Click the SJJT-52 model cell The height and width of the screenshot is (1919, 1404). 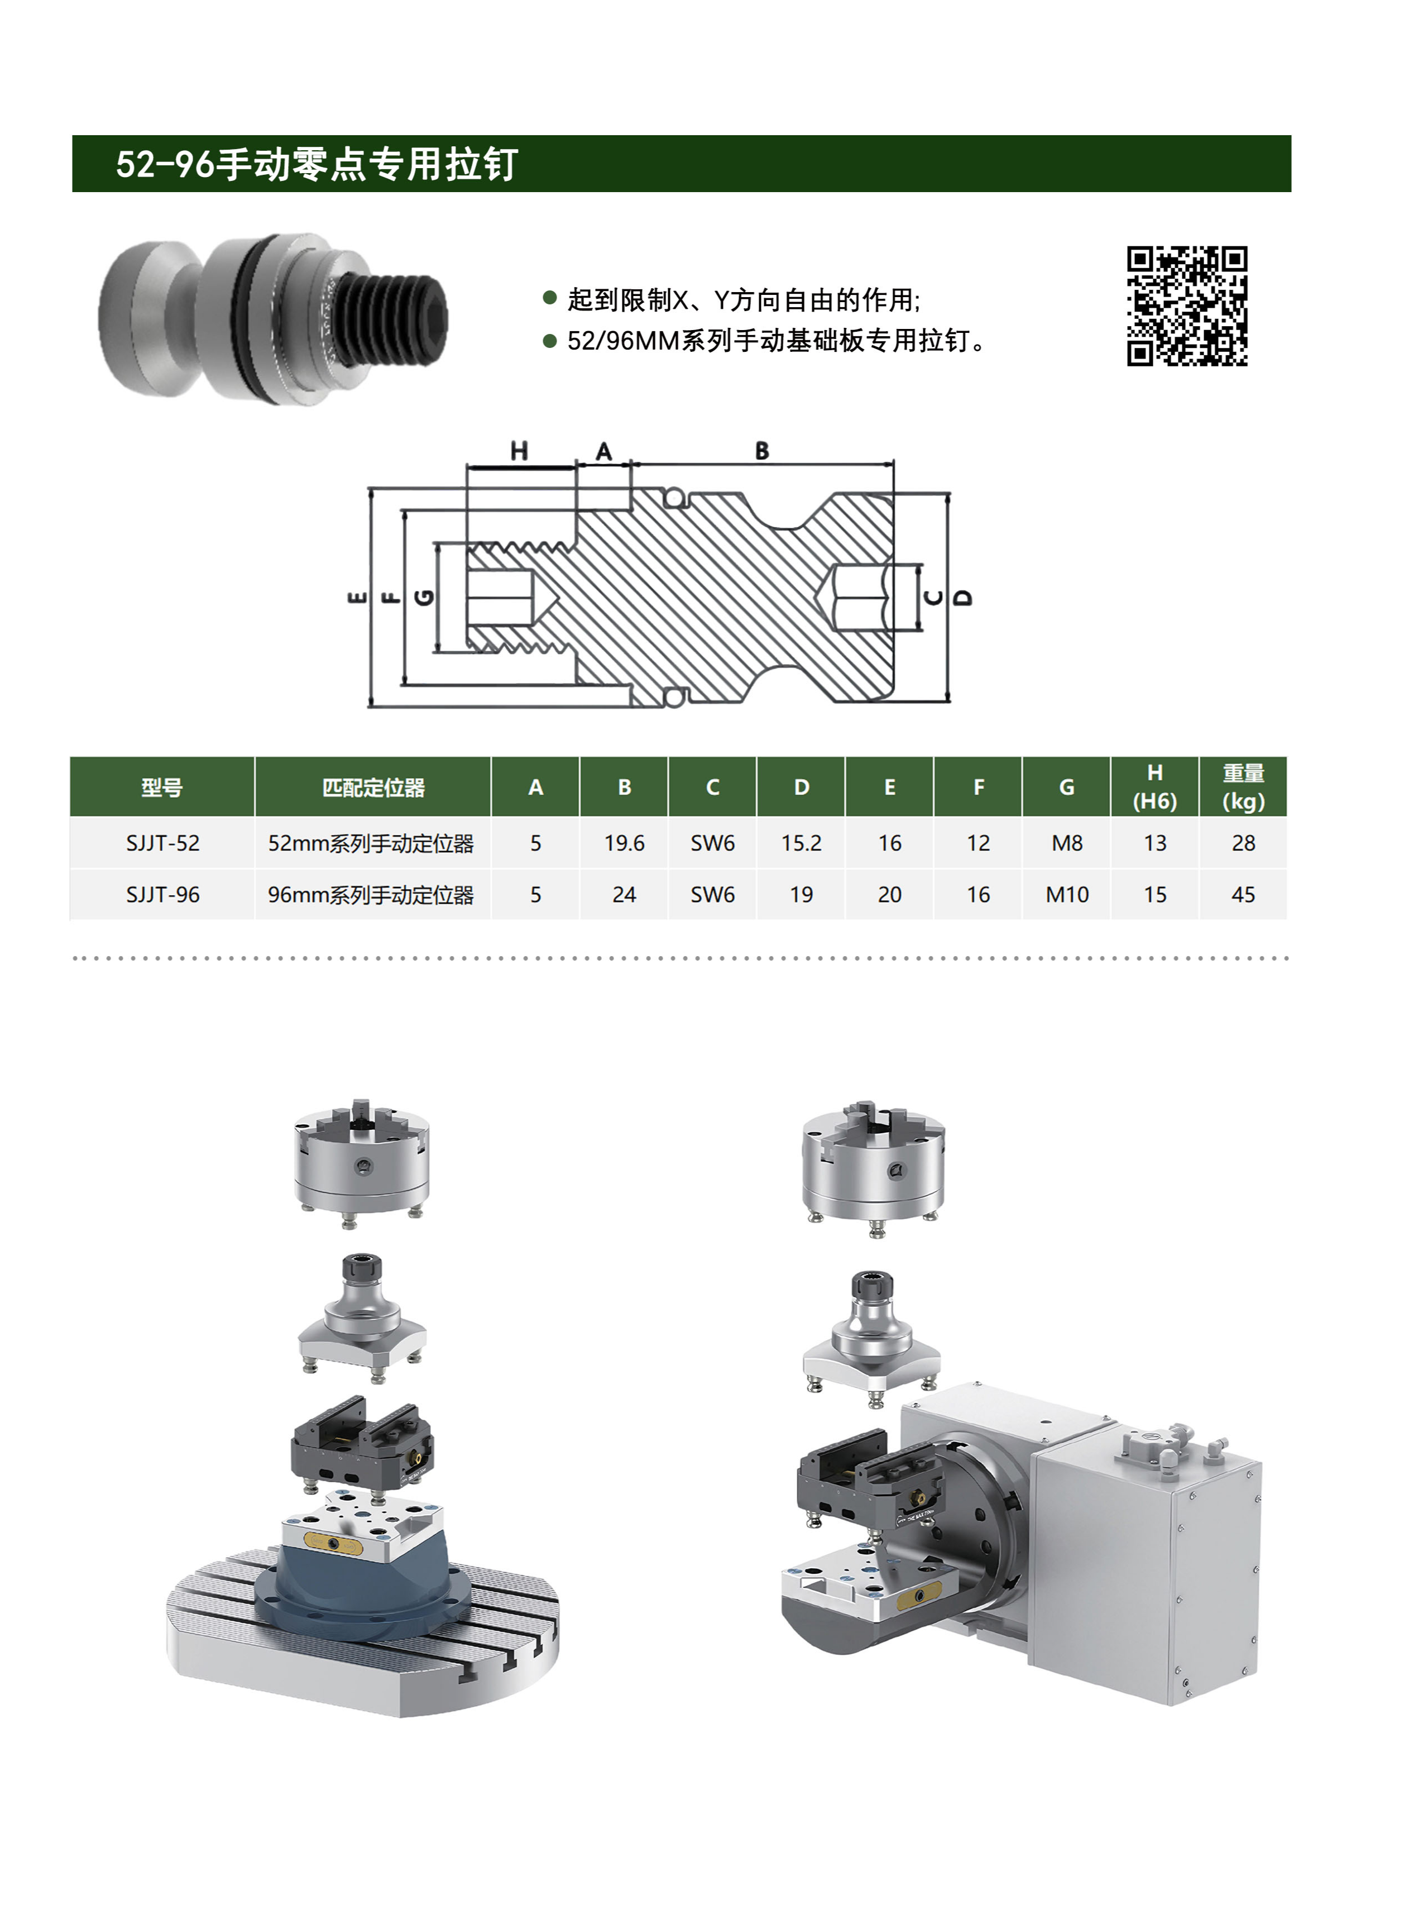coord(162,843)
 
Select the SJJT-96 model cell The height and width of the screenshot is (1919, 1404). coord(162,895)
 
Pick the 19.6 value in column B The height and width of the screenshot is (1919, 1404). coord(624,843)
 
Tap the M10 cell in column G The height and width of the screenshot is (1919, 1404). coord(1067,895)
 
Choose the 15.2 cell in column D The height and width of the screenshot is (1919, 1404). coord(801,843)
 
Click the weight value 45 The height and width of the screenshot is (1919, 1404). coord(1243,895)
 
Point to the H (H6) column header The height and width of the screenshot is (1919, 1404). coord(1154,786)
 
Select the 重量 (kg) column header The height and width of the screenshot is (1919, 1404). coord(1243,786)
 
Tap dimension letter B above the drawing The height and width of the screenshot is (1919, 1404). coord(761,451)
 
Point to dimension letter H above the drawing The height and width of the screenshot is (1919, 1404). coord(519,451)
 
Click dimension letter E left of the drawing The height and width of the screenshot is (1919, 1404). coord(358,597)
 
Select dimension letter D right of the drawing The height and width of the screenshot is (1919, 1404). coord(963,597)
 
